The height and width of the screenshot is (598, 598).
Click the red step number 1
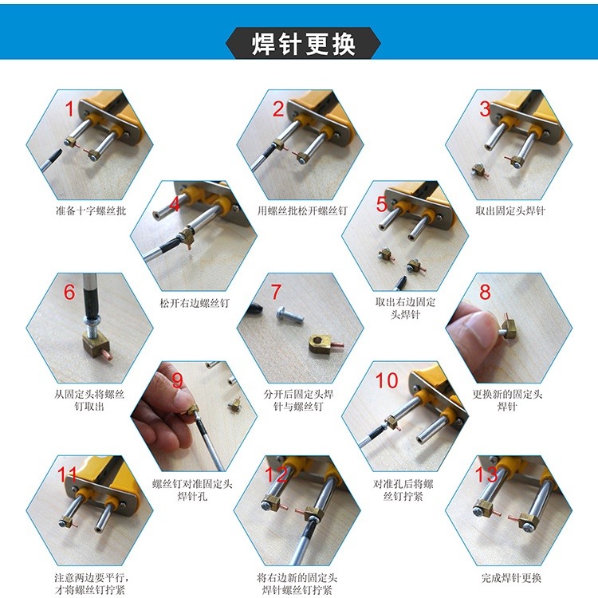[x=69, y=109]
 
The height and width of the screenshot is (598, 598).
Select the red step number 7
[x=276, y=292]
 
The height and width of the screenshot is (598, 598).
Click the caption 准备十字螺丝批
[x=90, y=211]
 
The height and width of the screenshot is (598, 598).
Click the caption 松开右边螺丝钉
[x=195, y=303]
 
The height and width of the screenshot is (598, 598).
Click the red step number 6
[x=69, y=292]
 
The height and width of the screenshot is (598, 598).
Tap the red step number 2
[x=277, y=109]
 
